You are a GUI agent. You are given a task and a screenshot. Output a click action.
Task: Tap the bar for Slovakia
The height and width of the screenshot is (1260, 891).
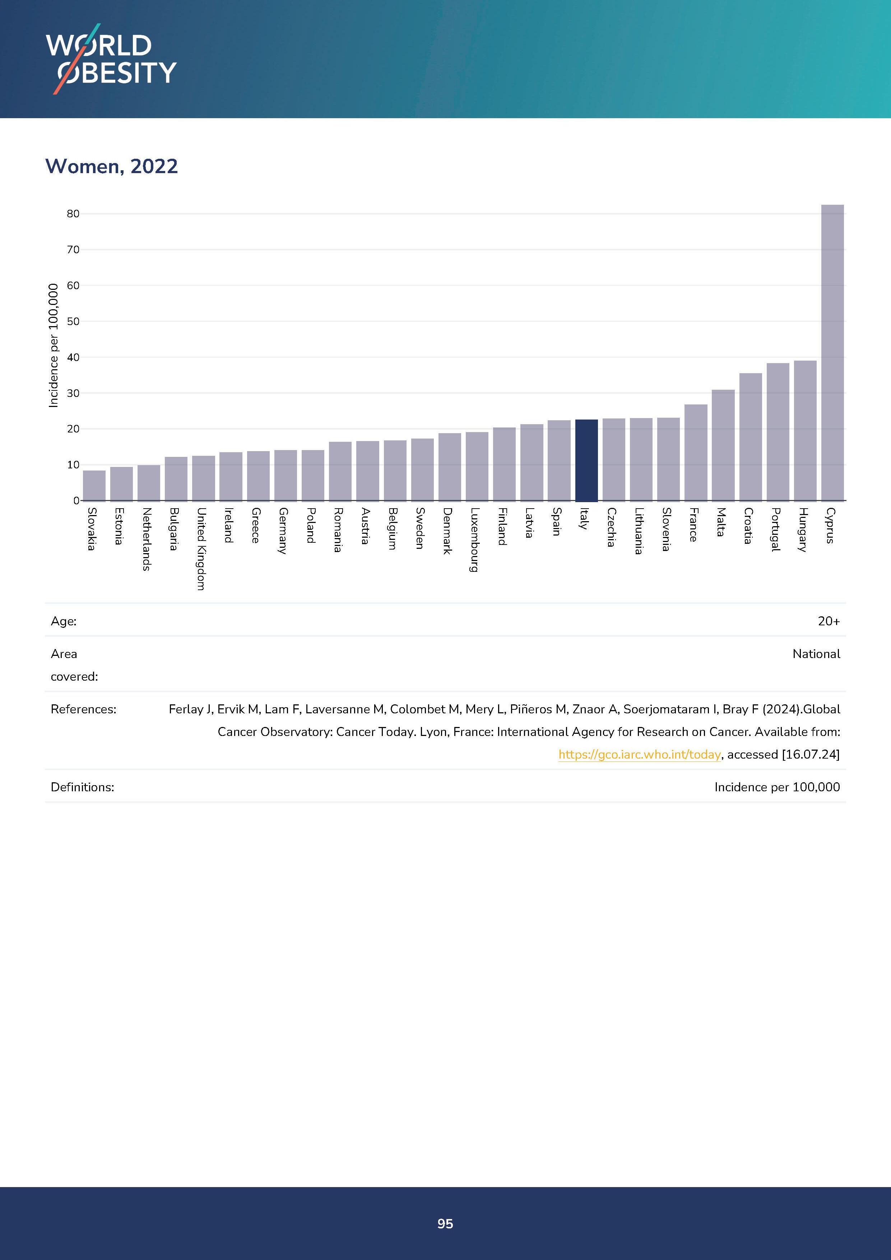pos(94,485)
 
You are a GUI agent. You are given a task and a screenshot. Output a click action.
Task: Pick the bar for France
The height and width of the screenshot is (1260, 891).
pos(696,452)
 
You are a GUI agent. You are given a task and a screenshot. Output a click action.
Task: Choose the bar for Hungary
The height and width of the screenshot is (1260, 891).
pos(805,430)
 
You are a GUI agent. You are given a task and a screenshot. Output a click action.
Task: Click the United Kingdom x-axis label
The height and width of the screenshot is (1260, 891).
pos(201,549)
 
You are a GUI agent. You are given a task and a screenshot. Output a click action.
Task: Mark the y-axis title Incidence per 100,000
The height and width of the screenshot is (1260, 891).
pos(53,346)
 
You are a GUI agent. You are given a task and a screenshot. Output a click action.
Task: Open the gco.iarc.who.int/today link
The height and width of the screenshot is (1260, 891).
pos(639,755)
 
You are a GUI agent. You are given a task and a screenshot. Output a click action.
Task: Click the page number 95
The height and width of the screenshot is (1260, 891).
pos(445,1223)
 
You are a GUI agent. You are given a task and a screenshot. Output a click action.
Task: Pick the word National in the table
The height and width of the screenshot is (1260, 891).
pos(816,654)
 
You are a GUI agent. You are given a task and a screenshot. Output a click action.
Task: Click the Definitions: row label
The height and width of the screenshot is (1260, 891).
pos(82,787)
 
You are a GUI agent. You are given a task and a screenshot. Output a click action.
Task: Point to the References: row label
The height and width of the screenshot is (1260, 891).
pos(83,709)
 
